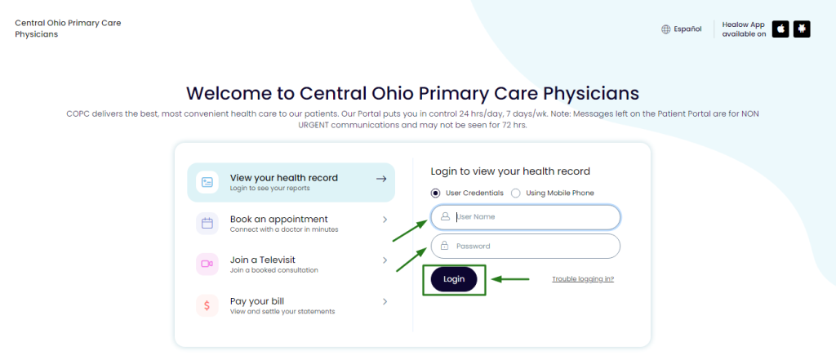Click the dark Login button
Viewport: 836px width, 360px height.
454,279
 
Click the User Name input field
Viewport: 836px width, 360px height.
526,217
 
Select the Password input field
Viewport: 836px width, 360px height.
526,246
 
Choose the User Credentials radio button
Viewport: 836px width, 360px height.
436,193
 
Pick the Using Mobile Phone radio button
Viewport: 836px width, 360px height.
516,193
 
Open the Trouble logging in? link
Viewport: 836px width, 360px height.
583,279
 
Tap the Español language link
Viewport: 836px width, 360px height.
687,29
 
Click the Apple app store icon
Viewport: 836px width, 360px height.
780,29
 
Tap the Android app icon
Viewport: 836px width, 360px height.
802,29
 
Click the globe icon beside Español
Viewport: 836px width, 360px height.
666,29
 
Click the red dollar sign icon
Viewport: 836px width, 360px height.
207,305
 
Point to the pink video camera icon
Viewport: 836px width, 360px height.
207,264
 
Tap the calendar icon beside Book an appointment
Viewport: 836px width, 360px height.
207,224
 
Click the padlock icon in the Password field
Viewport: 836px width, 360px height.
445,246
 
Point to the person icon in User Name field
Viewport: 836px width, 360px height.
445,217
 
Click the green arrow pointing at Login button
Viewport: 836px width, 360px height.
509,279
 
